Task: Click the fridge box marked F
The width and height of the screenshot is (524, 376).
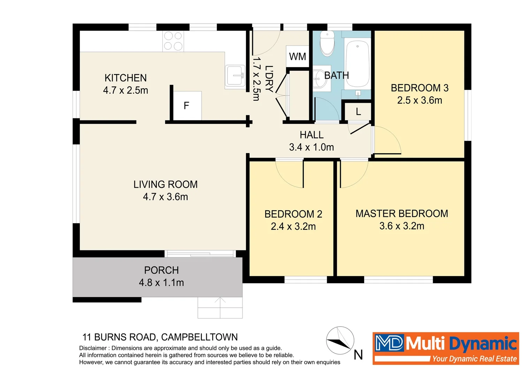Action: (187, 105)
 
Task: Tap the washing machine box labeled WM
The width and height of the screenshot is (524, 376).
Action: (298, 56)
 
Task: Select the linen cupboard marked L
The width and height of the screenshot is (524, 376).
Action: (358, 111)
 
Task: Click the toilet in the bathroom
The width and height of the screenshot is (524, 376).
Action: (327, 44)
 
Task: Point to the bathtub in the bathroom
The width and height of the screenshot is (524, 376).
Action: (357, 64)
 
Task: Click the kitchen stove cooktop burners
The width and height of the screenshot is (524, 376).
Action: (173, 41)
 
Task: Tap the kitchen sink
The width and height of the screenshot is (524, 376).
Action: (235, 76)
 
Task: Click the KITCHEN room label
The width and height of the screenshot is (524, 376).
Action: (125, 78)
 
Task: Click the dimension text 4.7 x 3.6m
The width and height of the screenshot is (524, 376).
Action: (165, 197)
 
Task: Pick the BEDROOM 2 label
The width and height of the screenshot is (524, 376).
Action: (293, 214)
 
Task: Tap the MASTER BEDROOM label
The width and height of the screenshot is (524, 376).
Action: (402, 214)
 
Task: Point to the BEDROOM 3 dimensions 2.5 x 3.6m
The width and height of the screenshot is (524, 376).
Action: (419, 101)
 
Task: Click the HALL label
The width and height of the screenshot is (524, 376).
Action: (311, 135)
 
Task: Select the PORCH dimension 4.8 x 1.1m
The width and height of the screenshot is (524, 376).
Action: (161, 283)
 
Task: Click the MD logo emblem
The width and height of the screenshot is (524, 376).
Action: (389, 343)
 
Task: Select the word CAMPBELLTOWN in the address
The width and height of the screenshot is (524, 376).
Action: (199, 337)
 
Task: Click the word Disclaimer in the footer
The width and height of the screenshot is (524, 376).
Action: (93, 348)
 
